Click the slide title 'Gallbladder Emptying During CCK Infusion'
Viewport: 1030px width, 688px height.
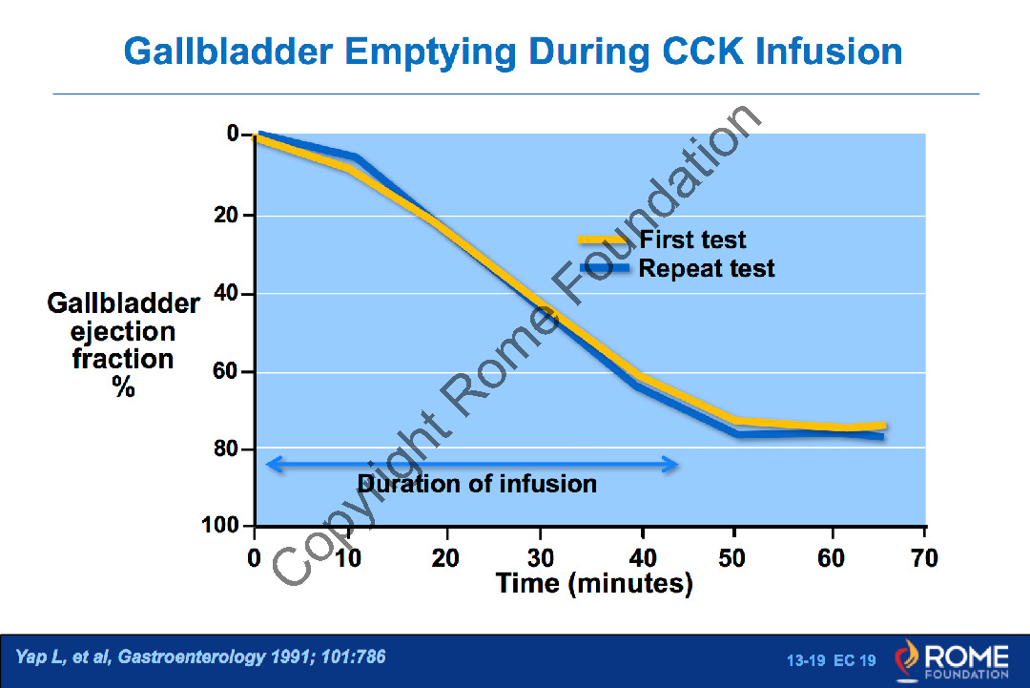click(x=513, y=51)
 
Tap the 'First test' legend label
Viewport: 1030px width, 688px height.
click(x=692, y=240)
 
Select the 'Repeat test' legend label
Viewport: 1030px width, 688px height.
click(x=707, y=268)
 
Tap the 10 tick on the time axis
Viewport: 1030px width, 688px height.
click(x=350, y=557)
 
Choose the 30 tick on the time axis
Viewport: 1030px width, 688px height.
click(x=542, y=557)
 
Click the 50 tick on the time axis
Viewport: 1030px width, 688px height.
click(x=733, y=557)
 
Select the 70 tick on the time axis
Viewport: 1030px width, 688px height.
click(x=925, y=557)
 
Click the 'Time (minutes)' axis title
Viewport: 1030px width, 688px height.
click(x=593, y=583)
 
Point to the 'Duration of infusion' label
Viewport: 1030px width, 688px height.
click(x=477, y=484)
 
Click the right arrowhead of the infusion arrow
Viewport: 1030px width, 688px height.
click(x=672, y=465)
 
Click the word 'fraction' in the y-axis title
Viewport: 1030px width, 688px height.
click(x=123, y=359)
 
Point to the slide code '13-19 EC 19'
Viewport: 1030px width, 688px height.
click(x=831, y=660)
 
